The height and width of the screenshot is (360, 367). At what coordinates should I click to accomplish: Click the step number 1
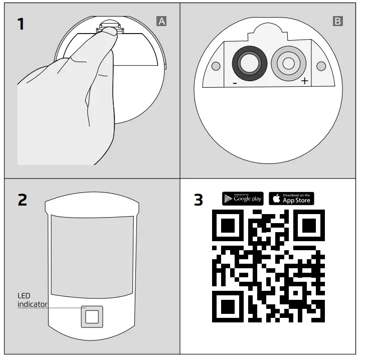click(x=21, y=24)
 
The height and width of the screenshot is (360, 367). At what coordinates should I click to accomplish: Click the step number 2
click(x=22, y=200)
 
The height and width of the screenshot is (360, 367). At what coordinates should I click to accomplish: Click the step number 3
click(x=199, y=200)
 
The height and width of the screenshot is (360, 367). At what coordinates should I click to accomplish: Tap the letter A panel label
click(x=161, y=21)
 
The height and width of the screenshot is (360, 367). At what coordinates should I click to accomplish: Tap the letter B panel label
click(x=337, y=21)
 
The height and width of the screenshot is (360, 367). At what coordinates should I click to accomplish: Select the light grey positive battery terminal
click(x=288, y=63)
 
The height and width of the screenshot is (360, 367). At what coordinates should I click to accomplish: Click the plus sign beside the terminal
click(x=304, y=81)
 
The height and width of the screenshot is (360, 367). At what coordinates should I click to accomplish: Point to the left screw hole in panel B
click(x=216, y=66)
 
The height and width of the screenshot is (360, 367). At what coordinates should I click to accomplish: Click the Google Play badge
click(x=243, y=199)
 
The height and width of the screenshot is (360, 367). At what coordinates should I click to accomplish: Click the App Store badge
click(x=292, y=199)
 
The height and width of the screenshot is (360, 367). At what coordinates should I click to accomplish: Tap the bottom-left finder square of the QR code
click(x=228, y=306)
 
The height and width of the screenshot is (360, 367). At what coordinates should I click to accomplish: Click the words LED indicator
click(x=33, y=300)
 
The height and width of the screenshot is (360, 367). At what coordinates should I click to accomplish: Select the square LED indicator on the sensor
click(x=92, y=316)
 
